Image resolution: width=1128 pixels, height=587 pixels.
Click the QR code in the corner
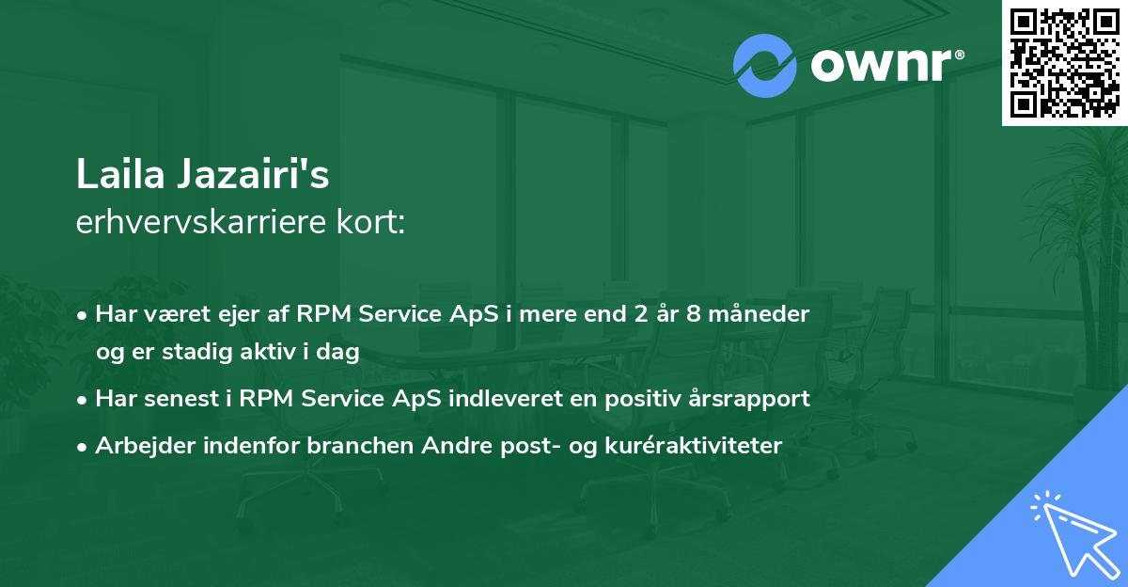(1064, 63)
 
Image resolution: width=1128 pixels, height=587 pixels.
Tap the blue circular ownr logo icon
(764, 66)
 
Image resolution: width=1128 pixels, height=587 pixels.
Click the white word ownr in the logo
(882, 66)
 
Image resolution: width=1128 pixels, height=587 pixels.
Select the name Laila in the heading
(120, 174)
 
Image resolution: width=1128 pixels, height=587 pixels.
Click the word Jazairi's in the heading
(253, 174)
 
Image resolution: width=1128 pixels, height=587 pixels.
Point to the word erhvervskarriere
(201, 222)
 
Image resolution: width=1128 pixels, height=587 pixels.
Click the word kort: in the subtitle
(370, 222)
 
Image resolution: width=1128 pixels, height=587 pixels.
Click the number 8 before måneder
(694, 314)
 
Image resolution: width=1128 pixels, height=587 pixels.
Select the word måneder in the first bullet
(759, 314)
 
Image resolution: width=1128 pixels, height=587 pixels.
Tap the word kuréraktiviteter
(693, 445)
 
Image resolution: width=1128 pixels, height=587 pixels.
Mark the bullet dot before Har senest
(82, 401)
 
